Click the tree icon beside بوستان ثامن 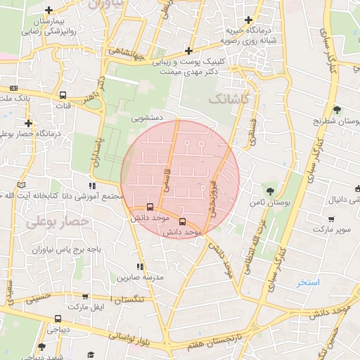270,190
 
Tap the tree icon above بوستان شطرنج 337,110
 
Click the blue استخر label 308,283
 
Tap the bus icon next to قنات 63,95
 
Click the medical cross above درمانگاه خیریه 247,20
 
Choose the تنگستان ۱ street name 137,300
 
